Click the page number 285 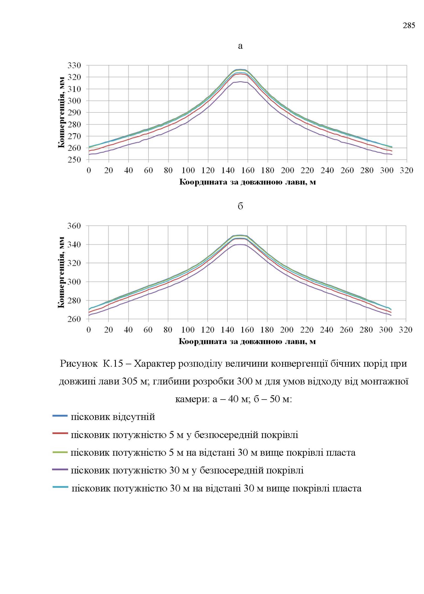point(409,26)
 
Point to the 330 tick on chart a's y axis point(74,65)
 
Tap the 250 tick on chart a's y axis point(74,160)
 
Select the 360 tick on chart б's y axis point(74,226)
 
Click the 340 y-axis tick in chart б point(74,244)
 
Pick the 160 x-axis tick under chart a point(247,170)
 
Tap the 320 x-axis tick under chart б point(406,330)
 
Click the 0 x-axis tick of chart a point(89,170)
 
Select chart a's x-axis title point(247,182)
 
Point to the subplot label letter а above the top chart point(240,46)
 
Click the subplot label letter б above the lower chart point(240,206)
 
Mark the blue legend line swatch point(60,416)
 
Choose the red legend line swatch point(60,433)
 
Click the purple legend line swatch point(60,470)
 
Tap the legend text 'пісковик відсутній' point(113,417)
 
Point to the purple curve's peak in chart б point(240,244)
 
